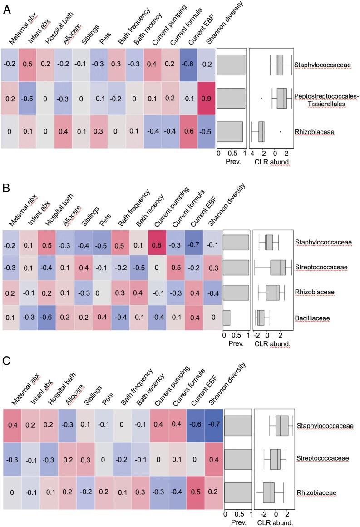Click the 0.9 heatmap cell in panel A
pyautogui.click(x=207, y=98)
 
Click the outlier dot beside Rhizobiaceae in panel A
pyautogui.click(x=280, y=132)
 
